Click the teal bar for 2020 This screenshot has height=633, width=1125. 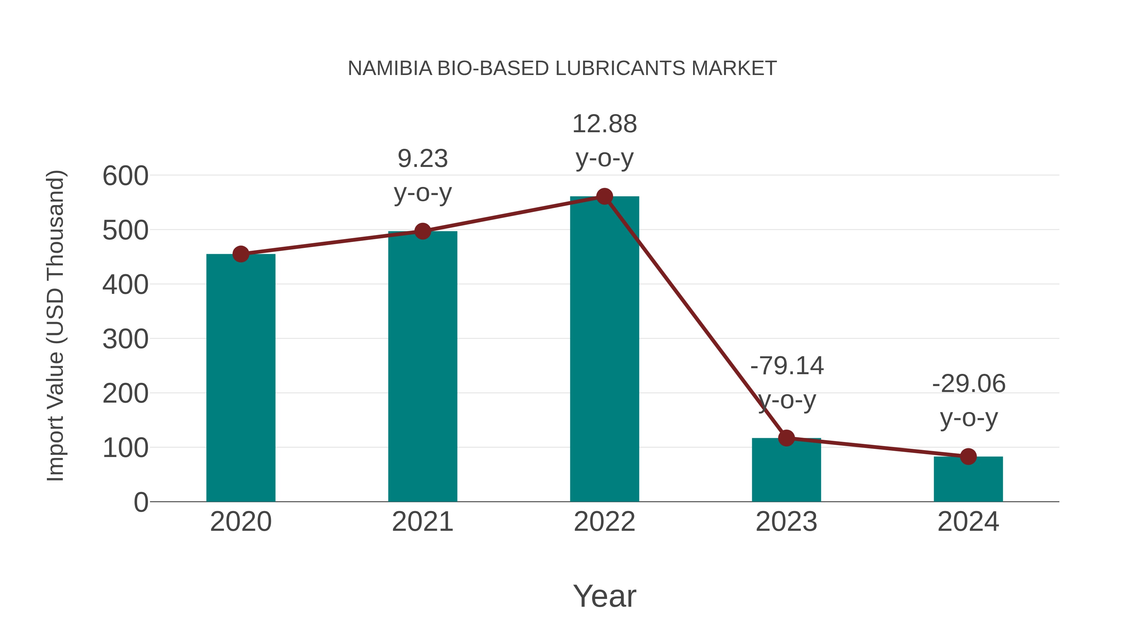point(241,378)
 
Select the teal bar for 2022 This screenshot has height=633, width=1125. point(604,349)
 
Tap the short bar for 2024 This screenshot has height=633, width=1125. point(968,479)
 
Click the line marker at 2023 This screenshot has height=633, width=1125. point(787,438)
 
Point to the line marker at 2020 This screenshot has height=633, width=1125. point(241,254)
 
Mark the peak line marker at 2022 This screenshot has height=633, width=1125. point(604,197)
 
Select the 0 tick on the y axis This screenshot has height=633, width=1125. point(141,502)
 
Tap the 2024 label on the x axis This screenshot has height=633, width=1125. point(968,522)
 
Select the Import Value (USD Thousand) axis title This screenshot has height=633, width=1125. point(55,325)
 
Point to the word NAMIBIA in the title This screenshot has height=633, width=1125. point(390,68)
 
